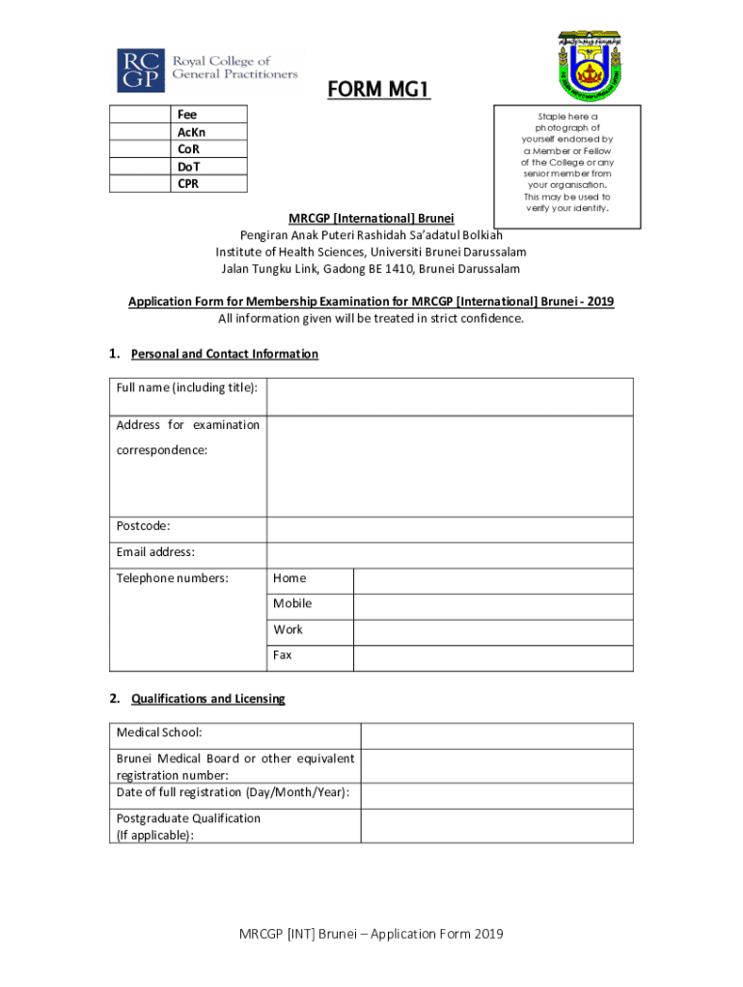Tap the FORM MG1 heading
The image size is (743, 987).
[x=377, y=91]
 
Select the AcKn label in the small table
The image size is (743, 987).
[x=191, y=132]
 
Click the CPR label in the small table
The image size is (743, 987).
[x=188, y=184]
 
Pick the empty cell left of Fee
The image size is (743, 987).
[x=140, y=115]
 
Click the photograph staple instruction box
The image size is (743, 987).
[x=567, y=168]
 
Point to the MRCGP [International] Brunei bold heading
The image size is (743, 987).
[x=371, y=218]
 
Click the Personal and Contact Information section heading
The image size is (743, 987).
[x=224, y=354]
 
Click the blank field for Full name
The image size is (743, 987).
[x=450, y=396]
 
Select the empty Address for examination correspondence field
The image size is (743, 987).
[x=450, y=466]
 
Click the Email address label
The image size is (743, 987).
[x=155, y=552]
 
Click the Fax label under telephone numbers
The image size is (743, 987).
[x=282, y=655]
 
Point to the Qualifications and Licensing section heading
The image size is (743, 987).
[x=207, y=698]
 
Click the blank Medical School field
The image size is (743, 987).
[x=497, y=735]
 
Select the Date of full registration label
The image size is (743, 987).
[x=233, y=792]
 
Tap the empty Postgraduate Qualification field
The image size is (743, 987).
[x=497, y=826]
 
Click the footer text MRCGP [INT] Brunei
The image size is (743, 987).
[x=372, y=934]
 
